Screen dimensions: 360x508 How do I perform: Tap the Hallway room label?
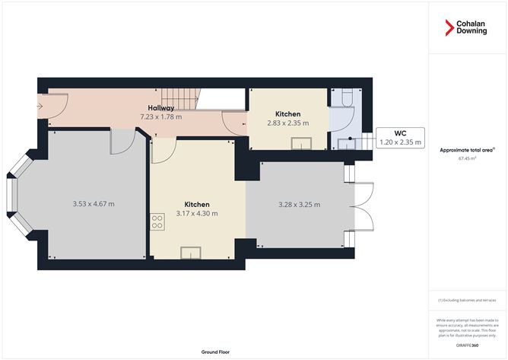(160, 108)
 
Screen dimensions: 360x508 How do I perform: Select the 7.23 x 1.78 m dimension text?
(161, 117)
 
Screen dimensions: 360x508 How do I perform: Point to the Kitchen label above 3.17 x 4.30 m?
(198, 205)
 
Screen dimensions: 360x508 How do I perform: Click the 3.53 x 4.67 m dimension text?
(98, 203)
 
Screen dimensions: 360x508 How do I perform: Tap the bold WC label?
(401, 133)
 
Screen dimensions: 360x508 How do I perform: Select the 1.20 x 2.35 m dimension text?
(401, 142)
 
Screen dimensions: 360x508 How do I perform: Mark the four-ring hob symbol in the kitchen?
(158, 221)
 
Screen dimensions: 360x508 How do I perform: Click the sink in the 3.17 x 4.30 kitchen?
(189, 252)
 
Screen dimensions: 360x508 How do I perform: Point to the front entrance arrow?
(40, 106)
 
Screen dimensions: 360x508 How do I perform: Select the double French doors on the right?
(363, 206)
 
